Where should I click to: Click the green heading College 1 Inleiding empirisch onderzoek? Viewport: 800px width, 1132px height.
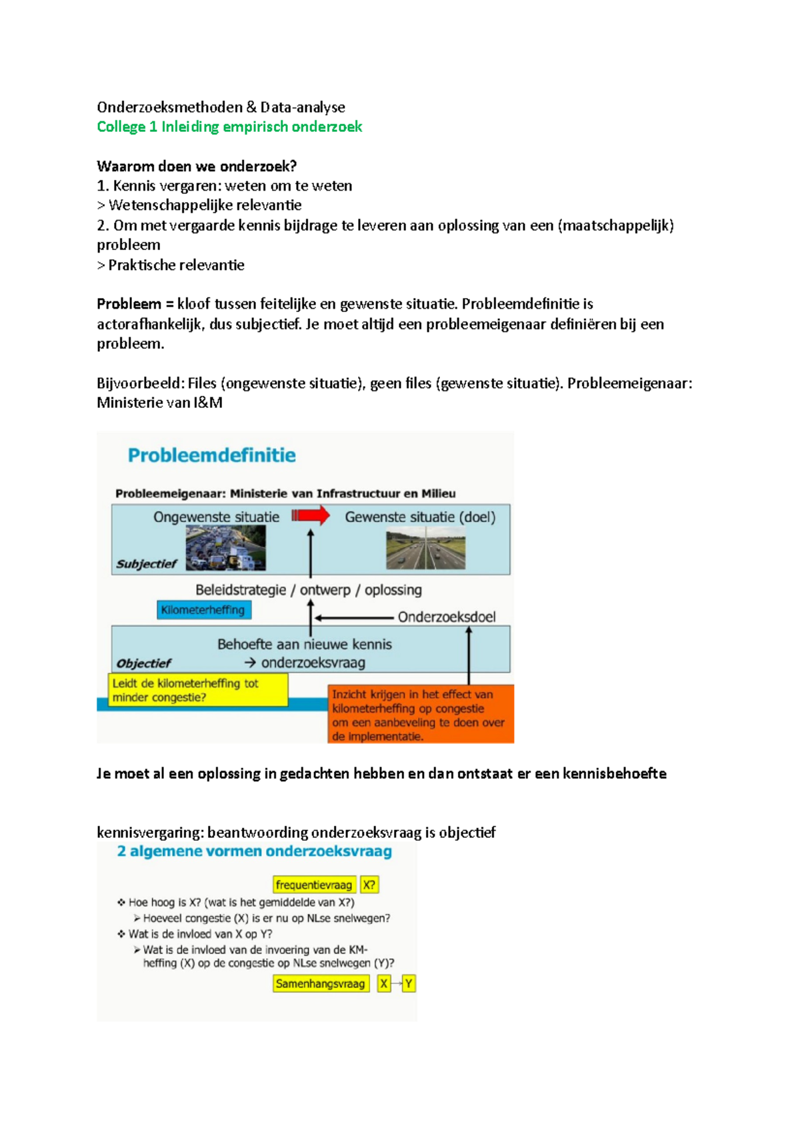point(229,127)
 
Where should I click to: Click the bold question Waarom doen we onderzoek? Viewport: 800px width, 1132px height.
point(197,166)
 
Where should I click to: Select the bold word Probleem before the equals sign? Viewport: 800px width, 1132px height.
point(129,304)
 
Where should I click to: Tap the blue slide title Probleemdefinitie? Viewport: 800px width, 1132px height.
point(212,455)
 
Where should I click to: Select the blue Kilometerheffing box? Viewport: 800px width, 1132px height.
point(203,610)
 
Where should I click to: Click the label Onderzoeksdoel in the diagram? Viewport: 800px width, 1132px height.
point(447,617)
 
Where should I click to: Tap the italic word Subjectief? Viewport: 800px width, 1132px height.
point(146,564)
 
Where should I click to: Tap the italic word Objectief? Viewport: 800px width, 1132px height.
point(143,663)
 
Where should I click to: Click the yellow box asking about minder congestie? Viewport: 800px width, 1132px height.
point(197,690)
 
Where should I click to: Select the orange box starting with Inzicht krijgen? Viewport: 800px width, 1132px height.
point(421,715)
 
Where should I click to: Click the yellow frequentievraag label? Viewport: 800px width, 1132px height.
point(314,885)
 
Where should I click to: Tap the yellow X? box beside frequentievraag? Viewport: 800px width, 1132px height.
point(369,885)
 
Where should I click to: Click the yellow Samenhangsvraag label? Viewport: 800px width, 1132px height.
point(321,984)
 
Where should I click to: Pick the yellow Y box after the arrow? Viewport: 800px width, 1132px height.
point(409,984)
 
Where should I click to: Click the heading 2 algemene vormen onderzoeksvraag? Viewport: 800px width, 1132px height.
point(255,851)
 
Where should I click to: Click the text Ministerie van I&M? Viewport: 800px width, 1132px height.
point(159,403)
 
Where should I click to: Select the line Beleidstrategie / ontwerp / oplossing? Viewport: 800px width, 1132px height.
point(309,590)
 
